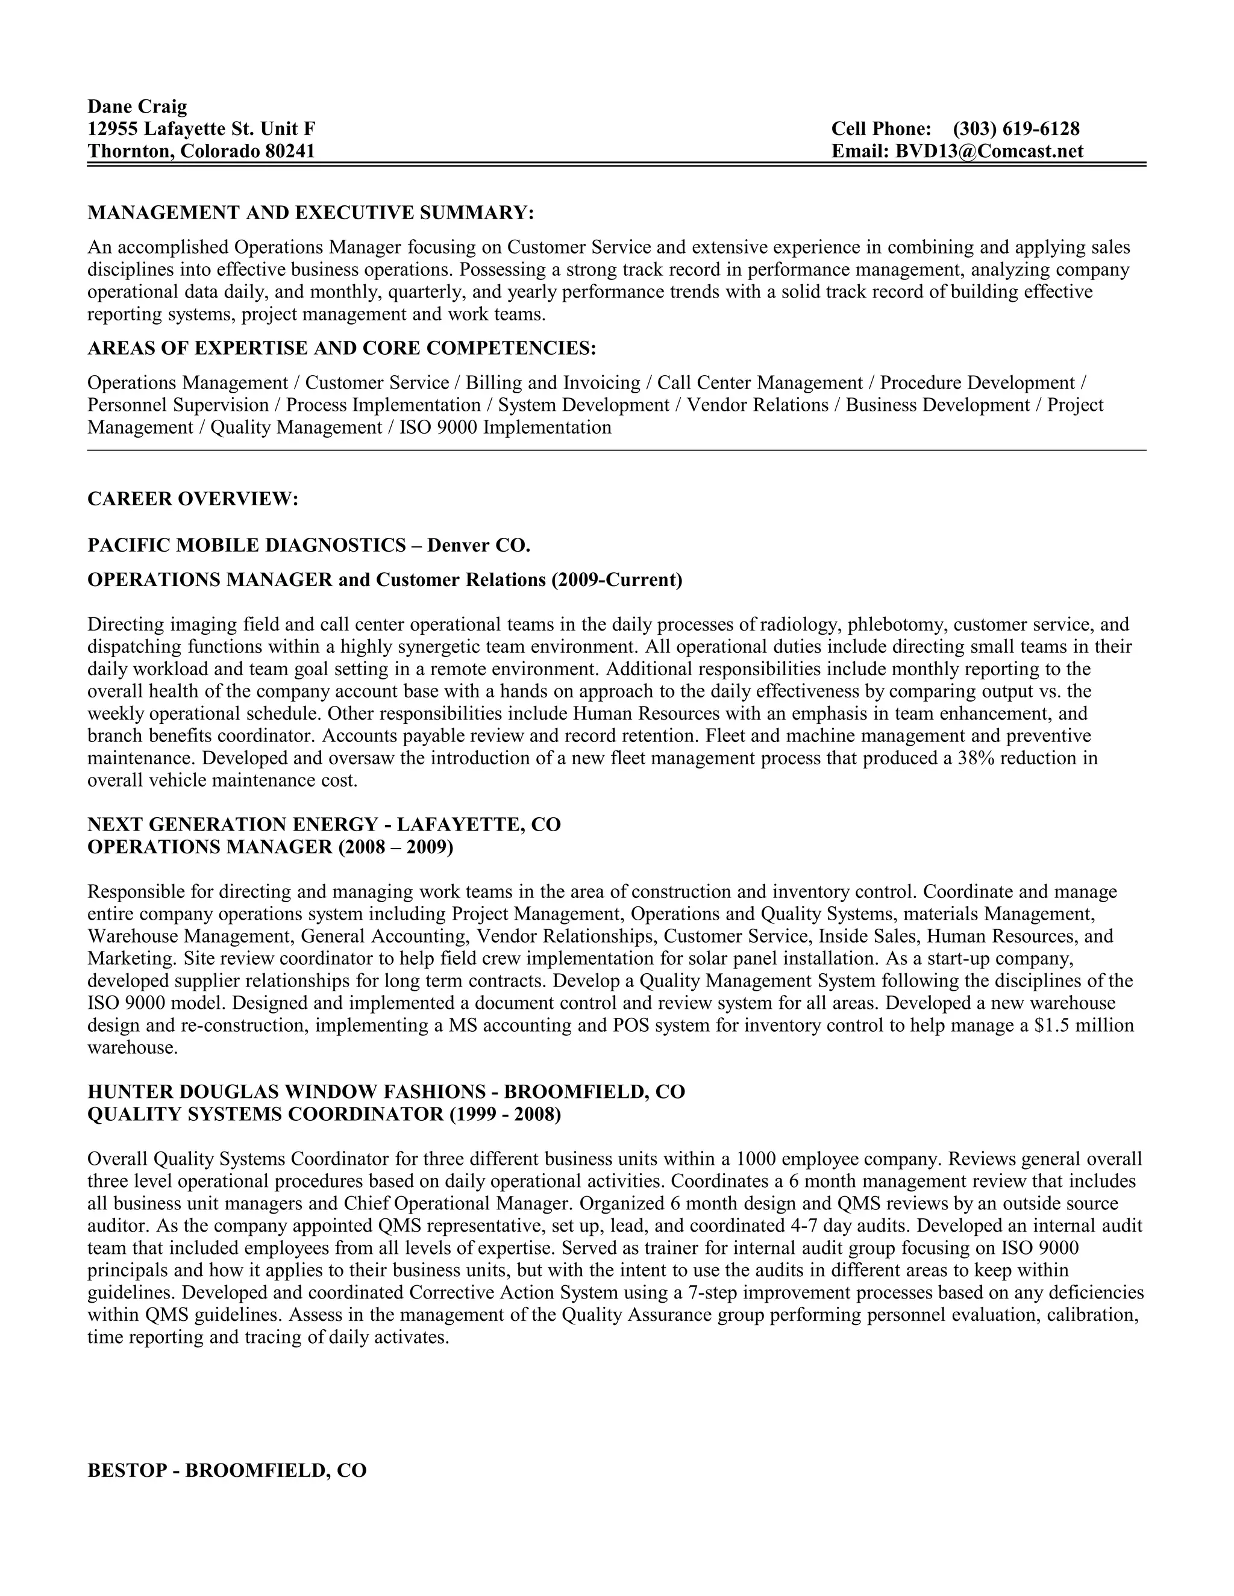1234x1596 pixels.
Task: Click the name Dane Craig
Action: (137, 107)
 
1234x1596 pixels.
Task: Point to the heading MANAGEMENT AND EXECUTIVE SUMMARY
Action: (311, 213)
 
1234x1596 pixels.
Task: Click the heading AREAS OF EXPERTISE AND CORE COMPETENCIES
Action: (342, 349)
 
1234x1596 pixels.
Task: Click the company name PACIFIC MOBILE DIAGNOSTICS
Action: (246, 545)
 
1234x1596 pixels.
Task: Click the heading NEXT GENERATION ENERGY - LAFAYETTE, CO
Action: (324, 824)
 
